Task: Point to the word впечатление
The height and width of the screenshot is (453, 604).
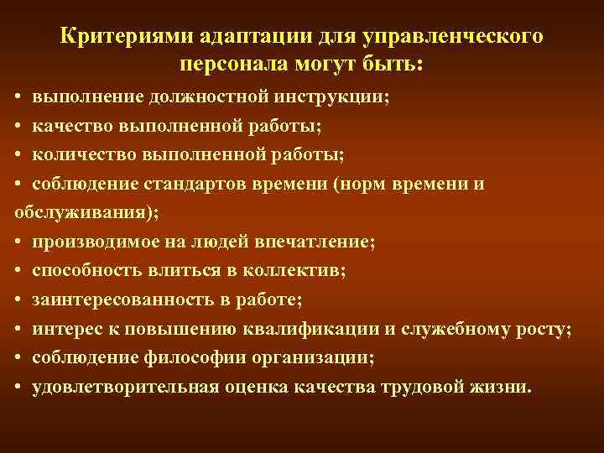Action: click(319, 242)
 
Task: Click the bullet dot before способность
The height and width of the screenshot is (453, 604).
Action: click(18, 272)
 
